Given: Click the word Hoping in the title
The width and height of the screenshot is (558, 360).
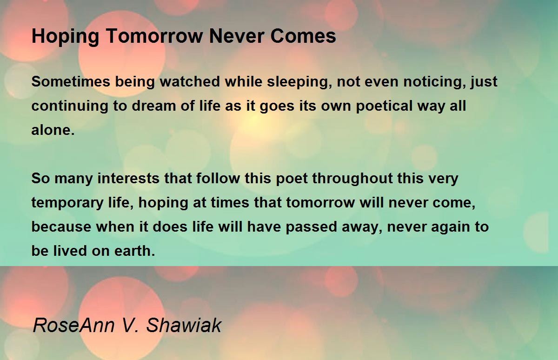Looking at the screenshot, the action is [66, 37].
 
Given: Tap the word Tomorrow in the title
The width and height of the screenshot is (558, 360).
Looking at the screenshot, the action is [154, 36].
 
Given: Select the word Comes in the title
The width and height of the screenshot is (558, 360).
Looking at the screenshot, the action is [303, 36].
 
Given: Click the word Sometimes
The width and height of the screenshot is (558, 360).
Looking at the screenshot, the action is [71, 81].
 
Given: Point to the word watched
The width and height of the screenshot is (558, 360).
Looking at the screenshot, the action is [190, 81].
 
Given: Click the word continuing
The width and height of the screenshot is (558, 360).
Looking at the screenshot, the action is [70, 107].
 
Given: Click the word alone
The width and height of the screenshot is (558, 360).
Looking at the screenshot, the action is [53, 130].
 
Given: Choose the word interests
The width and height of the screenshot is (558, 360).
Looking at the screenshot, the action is [128, 178].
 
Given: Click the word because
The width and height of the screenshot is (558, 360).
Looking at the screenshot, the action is [61, 227].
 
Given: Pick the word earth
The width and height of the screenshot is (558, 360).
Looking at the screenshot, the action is [135, 251].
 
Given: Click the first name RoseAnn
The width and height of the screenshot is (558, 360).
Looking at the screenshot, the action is [74, 325].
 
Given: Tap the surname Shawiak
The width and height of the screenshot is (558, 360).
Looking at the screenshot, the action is [184, 325].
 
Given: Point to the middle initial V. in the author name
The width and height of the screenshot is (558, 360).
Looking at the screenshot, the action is [131, 325].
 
